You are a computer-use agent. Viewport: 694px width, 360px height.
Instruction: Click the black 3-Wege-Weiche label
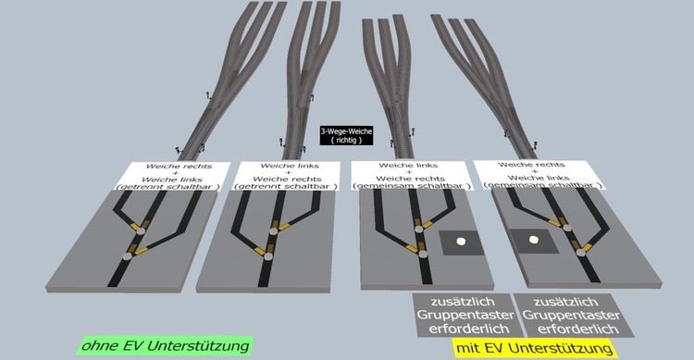347,135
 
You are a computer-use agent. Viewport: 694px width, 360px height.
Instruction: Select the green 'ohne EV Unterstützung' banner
165,345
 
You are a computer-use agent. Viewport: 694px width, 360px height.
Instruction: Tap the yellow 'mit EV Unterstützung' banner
535,348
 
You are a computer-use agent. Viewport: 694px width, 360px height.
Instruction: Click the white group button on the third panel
461,242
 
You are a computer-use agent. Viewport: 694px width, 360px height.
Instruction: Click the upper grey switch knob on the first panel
141,230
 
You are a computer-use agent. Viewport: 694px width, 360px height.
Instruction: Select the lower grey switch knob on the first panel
127,256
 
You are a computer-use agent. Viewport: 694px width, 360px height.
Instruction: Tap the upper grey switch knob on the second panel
274,230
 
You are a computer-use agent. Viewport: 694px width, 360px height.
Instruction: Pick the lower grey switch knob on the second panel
268,256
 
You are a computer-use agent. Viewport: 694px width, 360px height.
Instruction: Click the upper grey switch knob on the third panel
418,229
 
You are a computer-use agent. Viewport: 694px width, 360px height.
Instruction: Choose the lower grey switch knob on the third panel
423,254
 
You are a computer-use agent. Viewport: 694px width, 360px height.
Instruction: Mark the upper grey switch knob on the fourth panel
567,228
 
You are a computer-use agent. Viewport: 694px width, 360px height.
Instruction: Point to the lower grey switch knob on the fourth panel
580,253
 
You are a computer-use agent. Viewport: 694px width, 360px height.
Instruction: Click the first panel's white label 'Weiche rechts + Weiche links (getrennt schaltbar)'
173,176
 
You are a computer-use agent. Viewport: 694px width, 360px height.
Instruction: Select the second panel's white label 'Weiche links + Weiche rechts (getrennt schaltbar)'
287,176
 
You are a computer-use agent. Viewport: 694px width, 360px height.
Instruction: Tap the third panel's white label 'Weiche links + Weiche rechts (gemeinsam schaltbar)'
411,175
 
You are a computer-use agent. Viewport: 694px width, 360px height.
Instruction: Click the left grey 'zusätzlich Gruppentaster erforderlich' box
464,316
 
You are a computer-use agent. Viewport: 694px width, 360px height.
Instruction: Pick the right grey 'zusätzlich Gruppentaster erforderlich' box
572,316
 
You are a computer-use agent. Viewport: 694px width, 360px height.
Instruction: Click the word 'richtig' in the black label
347,140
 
